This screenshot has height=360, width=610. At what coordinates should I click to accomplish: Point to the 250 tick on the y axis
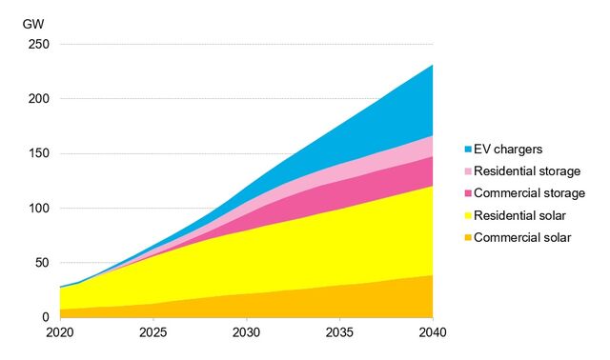click(39, 44)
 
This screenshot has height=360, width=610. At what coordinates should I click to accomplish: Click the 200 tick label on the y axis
click(39, 99)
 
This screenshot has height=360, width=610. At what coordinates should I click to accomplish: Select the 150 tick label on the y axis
click(39, 153)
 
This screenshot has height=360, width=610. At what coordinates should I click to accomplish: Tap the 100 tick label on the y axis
click(39, 209)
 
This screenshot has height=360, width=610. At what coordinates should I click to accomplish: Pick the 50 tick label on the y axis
click(42, 263)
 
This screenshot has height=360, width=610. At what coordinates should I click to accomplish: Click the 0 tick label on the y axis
click(46, 317)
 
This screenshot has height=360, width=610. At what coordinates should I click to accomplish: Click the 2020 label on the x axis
click(59, 334)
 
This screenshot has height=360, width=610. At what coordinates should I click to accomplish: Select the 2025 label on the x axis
click(152, 334)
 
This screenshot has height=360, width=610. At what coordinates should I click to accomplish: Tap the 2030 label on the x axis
click(246, 334)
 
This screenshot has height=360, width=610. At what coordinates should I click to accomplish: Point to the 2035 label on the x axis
click(339, 334)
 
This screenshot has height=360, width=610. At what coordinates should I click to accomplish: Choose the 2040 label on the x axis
click(432, 334)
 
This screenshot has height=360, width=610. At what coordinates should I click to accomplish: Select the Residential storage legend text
click(526, 171)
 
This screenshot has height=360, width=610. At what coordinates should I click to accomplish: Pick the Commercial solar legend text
click(521, 237)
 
